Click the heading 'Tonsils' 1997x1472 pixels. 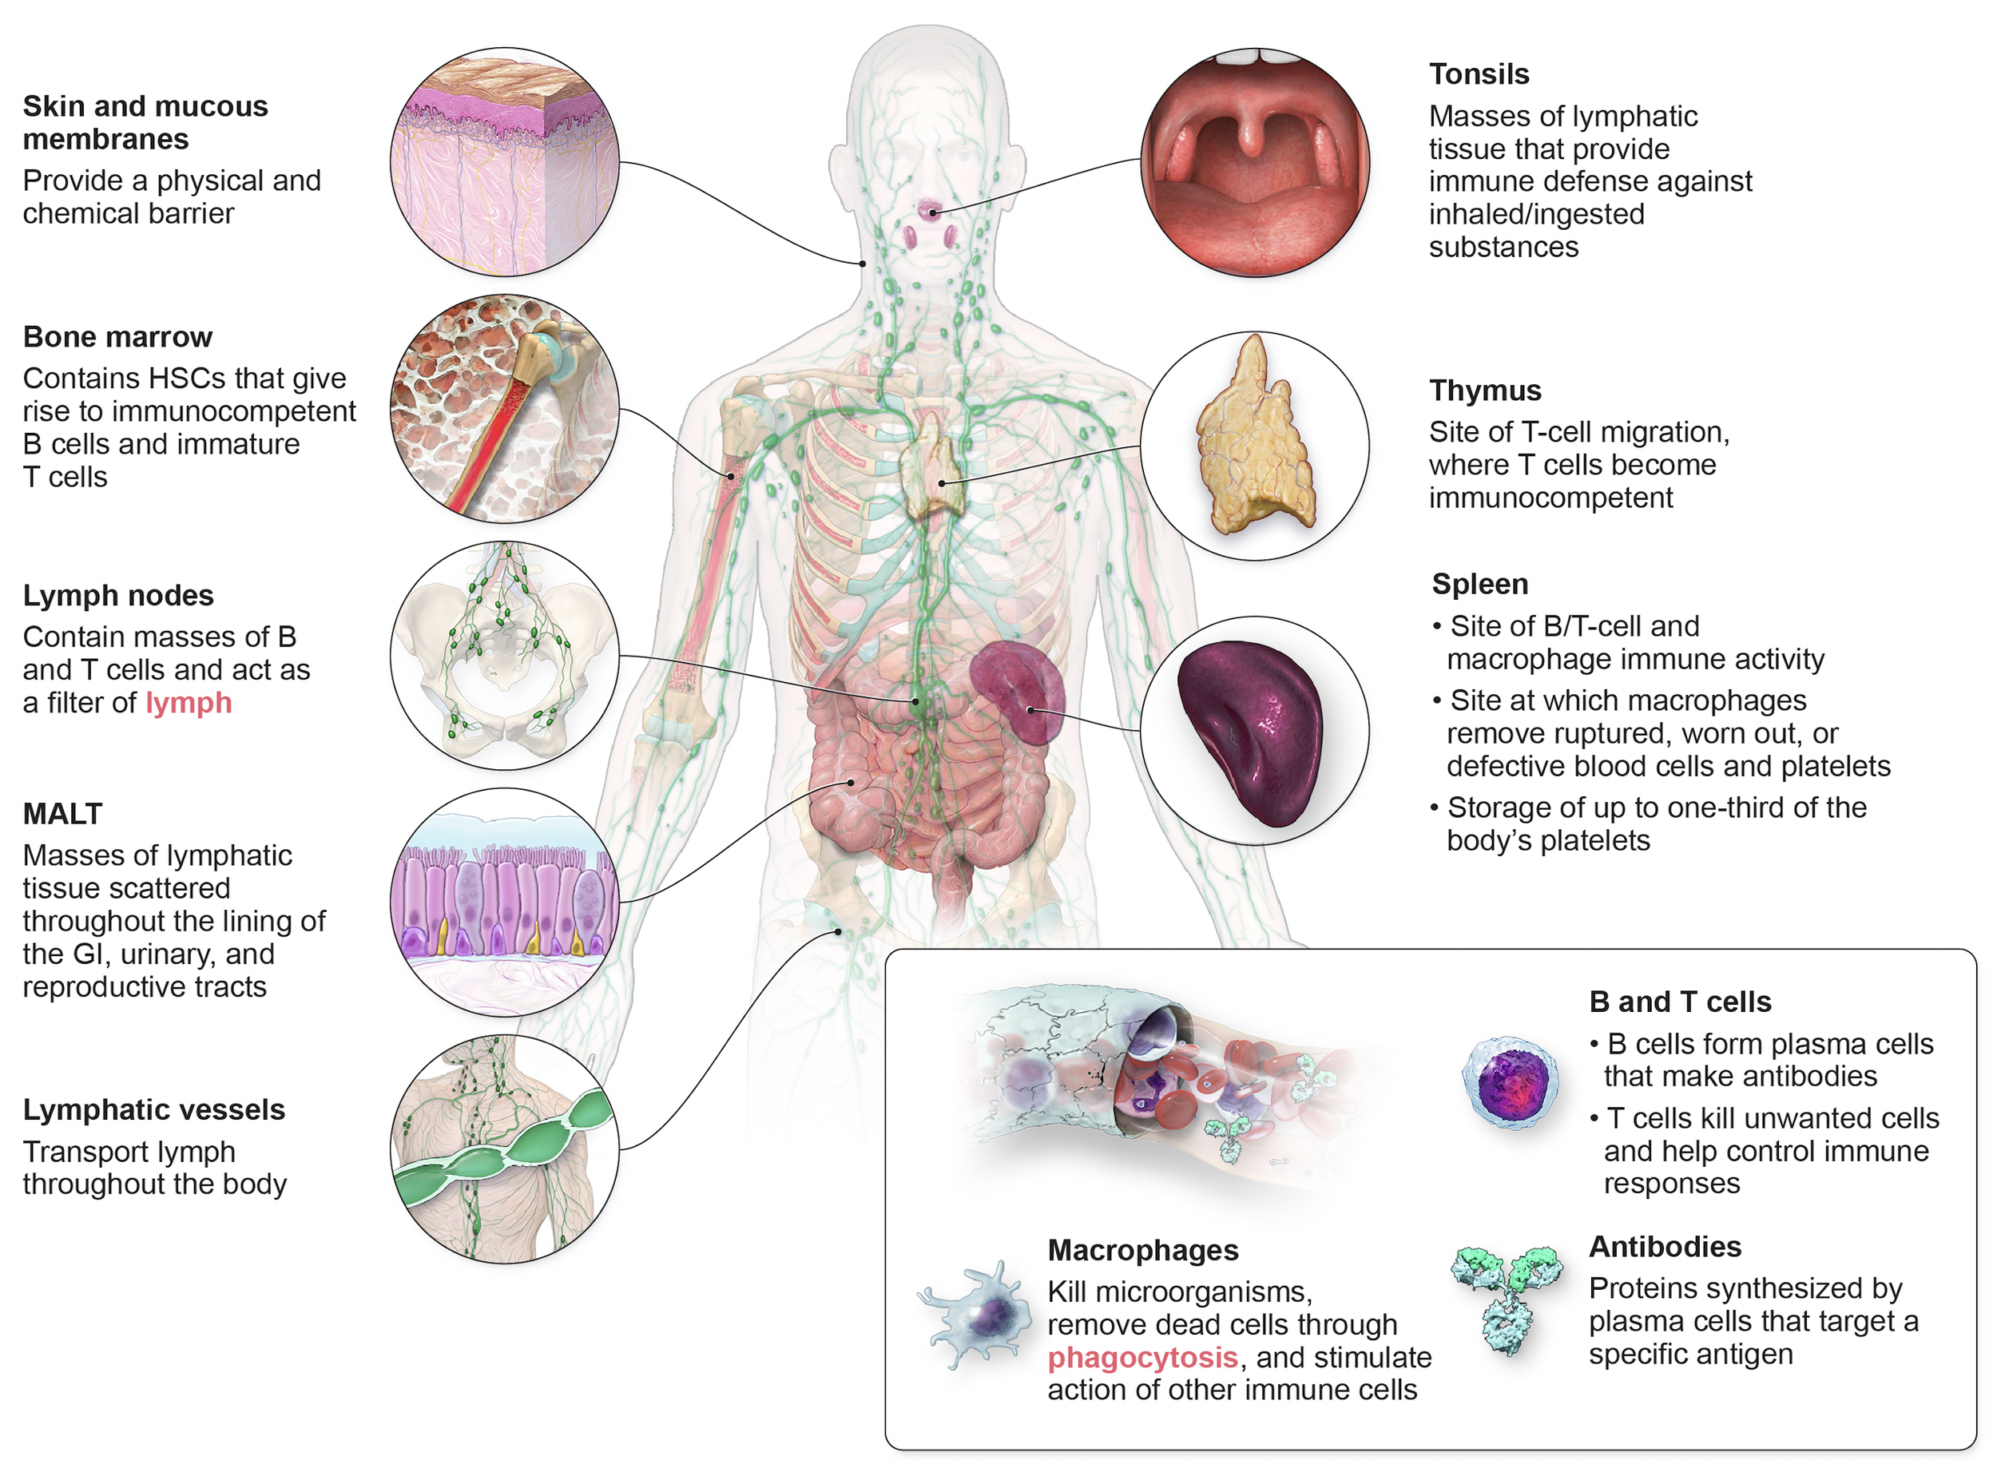[1479, 74]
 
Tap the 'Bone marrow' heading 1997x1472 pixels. [117, 337]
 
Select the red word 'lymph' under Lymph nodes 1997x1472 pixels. [189, 703]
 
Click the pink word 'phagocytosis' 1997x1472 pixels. [1142, 1357]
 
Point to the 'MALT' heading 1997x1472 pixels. [62, 814]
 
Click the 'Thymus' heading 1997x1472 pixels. [1485, 391]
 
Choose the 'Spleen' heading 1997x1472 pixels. [1479, 584]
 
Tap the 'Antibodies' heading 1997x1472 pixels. [1665, 1247]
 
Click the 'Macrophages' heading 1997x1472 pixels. [1142, 1250]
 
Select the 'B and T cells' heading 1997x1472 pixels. [1680, 1002]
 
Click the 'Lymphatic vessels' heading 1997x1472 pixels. [154, 1109]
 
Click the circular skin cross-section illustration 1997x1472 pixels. [504, 162]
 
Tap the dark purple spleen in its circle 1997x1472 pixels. [1251, 731]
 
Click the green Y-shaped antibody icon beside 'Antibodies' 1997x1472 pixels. [1507, 1296]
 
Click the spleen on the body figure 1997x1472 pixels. [1018, 692]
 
